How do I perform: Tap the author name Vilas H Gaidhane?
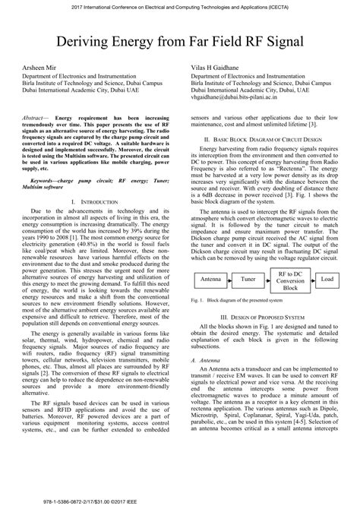[220, 68]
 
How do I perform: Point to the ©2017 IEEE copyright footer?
[179, 502]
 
